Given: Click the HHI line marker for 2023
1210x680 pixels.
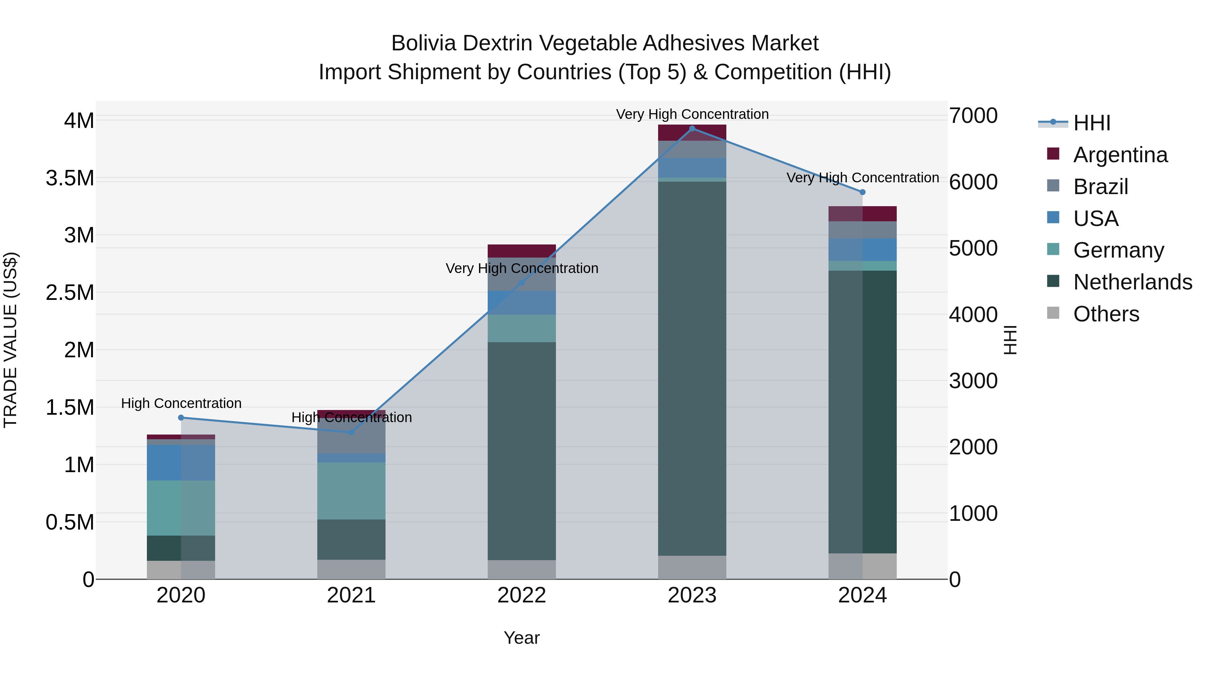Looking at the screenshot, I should [692, 129].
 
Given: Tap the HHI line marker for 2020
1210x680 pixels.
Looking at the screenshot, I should [181, 418].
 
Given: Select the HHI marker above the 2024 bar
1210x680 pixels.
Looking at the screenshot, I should [862, 192].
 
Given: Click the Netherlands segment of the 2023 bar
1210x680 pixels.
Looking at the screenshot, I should [692, 368].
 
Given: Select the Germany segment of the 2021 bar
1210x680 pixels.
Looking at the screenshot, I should [351, 491].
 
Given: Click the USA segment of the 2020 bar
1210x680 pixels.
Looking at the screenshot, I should [181, 463].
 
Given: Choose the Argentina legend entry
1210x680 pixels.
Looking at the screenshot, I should [1120, 155].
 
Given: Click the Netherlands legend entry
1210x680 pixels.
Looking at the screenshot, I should [1132, 282].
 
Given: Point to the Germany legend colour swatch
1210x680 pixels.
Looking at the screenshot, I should [1053, 249].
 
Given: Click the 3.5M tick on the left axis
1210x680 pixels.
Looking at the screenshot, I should [70, 178].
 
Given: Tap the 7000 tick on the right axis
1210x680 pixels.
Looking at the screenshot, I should [973, 116].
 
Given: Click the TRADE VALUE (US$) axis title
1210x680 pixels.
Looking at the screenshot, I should [10, 340].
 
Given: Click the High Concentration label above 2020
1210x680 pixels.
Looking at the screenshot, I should [181, 403].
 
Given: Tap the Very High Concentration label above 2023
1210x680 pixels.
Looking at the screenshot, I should [692, 114].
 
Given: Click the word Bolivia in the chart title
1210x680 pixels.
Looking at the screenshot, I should [423, 43].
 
